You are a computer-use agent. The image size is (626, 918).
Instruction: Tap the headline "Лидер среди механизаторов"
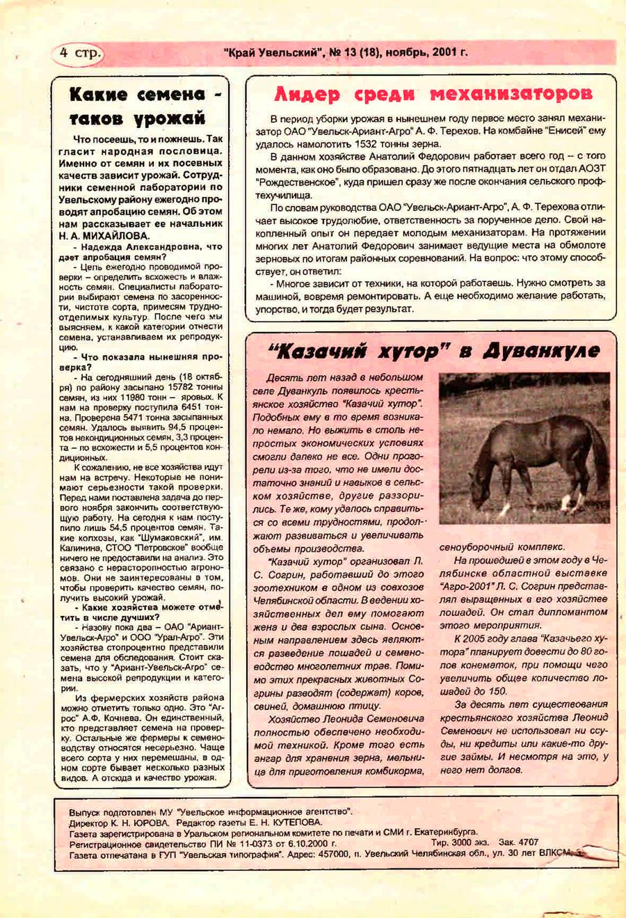coord(433,94)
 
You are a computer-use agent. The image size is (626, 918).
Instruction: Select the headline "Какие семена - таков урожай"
coord(139,106)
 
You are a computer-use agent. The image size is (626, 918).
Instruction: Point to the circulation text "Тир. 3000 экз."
coord(460,842)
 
